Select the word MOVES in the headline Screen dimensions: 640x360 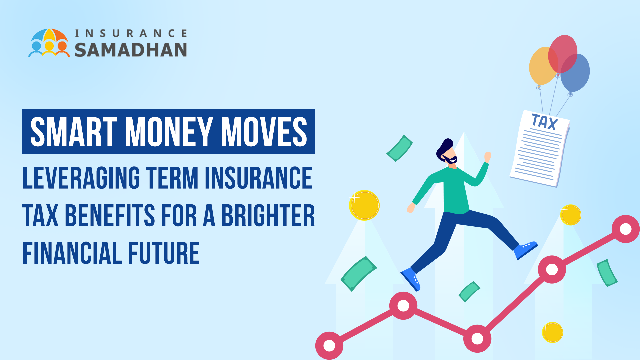tap(264, 132)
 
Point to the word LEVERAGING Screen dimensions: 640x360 tap(81, 178)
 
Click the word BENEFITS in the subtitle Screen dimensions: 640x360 tap(110, 216)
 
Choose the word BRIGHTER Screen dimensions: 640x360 tap(268, 216)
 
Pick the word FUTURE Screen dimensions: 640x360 tap(164, 253)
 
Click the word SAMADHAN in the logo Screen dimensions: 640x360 tap(131, 50)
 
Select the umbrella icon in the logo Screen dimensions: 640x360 tap(49, 43)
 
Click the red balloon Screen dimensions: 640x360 tap(563, 54)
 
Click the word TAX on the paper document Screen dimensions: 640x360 tap(544, 122)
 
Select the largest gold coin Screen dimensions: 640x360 tap(364, 205)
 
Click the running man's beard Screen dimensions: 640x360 tap(451, 160)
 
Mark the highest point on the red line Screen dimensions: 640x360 tap(626, 229)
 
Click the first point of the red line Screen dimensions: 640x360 tap(329, 346)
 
